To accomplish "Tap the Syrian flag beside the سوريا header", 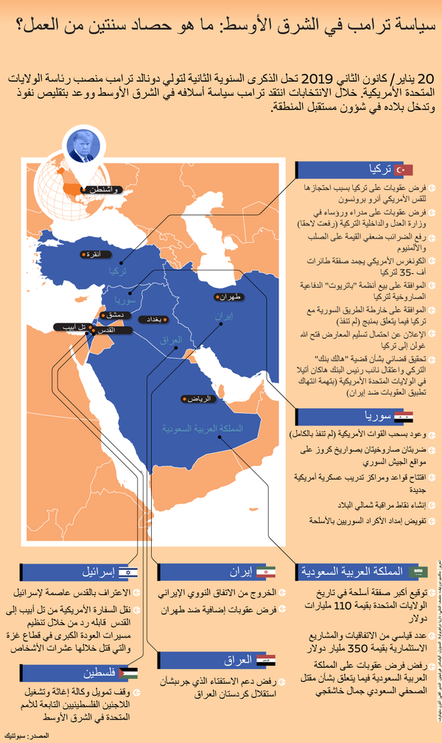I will click(404, 417).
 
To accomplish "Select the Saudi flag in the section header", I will click(419, 571).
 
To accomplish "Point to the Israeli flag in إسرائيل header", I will click(129, 571).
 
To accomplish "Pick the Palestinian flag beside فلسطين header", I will click(129, 673).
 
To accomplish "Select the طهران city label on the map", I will click(234, 297).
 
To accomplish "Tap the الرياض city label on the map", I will click(200, 398).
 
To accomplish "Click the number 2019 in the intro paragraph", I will click(318, 78).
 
